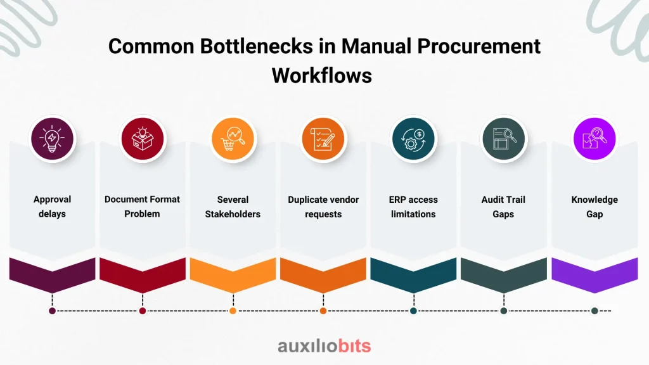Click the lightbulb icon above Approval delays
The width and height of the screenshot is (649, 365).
pos(52,139)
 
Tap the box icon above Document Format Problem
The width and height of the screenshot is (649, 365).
pos(143,139)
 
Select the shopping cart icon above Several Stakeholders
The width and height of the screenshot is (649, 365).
pos(233,139)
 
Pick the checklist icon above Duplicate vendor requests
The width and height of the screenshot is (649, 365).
pos(323,139)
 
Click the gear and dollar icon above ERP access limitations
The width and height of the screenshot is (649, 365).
pos(413,139)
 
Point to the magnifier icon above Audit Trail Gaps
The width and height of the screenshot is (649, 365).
pos(504,139)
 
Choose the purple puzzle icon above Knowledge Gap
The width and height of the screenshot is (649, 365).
pos(594,139)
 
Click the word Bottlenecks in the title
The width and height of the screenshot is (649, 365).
pos(257,46)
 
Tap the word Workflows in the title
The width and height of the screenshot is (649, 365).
pos(322,76)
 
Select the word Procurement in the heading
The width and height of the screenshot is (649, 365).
pos(479,46)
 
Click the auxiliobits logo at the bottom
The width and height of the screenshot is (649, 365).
pos(324,346)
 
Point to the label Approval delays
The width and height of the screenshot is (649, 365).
pos(52,207)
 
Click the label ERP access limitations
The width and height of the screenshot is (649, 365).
pos(413,207)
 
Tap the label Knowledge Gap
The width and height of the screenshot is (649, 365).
pos(594,207)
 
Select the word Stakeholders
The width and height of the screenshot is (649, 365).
pos(233,214)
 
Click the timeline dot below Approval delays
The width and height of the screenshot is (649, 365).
pos(52,311)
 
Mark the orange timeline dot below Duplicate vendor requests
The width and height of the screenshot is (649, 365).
pos(323,311)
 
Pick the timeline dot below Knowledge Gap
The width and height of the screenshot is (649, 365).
pos(594,311)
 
